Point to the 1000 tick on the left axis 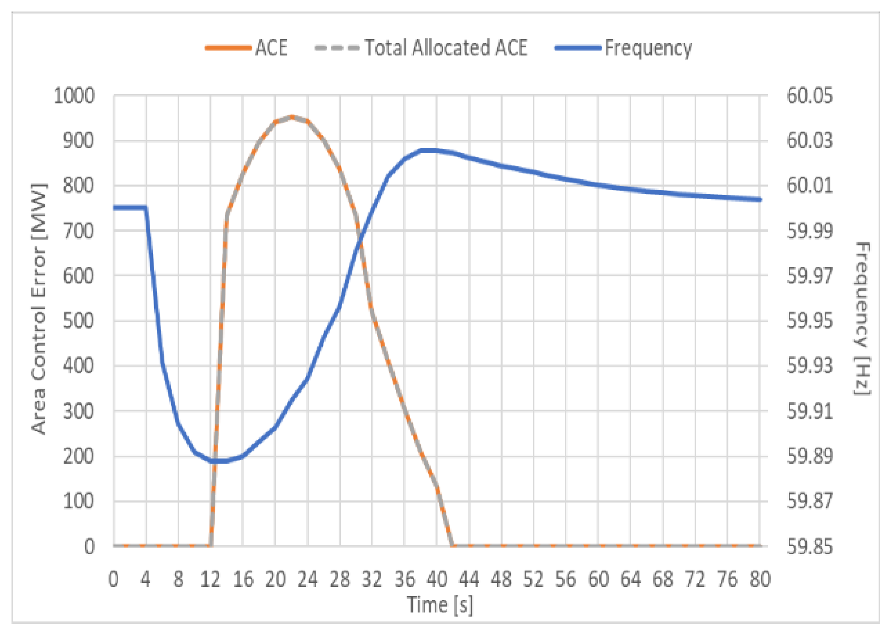74,96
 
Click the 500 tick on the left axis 79,321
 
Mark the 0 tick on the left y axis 90,547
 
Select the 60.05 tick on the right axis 810,96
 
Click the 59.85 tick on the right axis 810,547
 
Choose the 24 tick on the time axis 308,579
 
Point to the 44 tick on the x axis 469,579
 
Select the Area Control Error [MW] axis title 39,308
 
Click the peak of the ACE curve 292,117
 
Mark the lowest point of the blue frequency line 219,461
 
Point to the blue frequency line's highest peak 429,150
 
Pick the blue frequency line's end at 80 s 760,200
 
